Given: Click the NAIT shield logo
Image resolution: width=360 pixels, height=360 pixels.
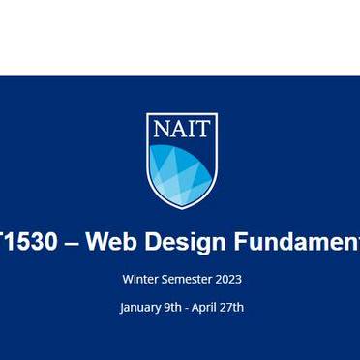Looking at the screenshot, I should tap(182, 160).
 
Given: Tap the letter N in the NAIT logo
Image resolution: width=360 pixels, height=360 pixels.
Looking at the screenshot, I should tap(161, 131).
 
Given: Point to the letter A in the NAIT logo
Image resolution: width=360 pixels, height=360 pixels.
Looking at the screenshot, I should tap(178, 131).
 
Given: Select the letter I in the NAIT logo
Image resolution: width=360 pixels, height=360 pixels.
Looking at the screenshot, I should tap(192, 131).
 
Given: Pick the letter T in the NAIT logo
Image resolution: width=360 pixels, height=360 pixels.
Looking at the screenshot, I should tap(203, 131).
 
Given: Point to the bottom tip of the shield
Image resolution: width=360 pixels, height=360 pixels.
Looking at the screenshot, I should tap(182, 206).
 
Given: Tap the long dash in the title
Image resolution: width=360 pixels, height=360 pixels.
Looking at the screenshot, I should tap(71, 243).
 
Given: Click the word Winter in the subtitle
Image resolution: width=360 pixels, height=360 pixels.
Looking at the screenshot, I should tap(140, 279).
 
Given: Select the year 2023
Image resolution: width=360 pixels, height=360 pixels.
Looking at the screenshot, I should tap(228, 279).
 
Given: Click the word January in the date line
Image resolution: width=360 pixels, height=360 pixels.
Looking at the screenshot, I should tap(142, 308).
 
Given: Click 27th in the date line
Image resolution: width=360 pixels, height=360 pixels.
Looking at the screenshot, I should tap(234, 307).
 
